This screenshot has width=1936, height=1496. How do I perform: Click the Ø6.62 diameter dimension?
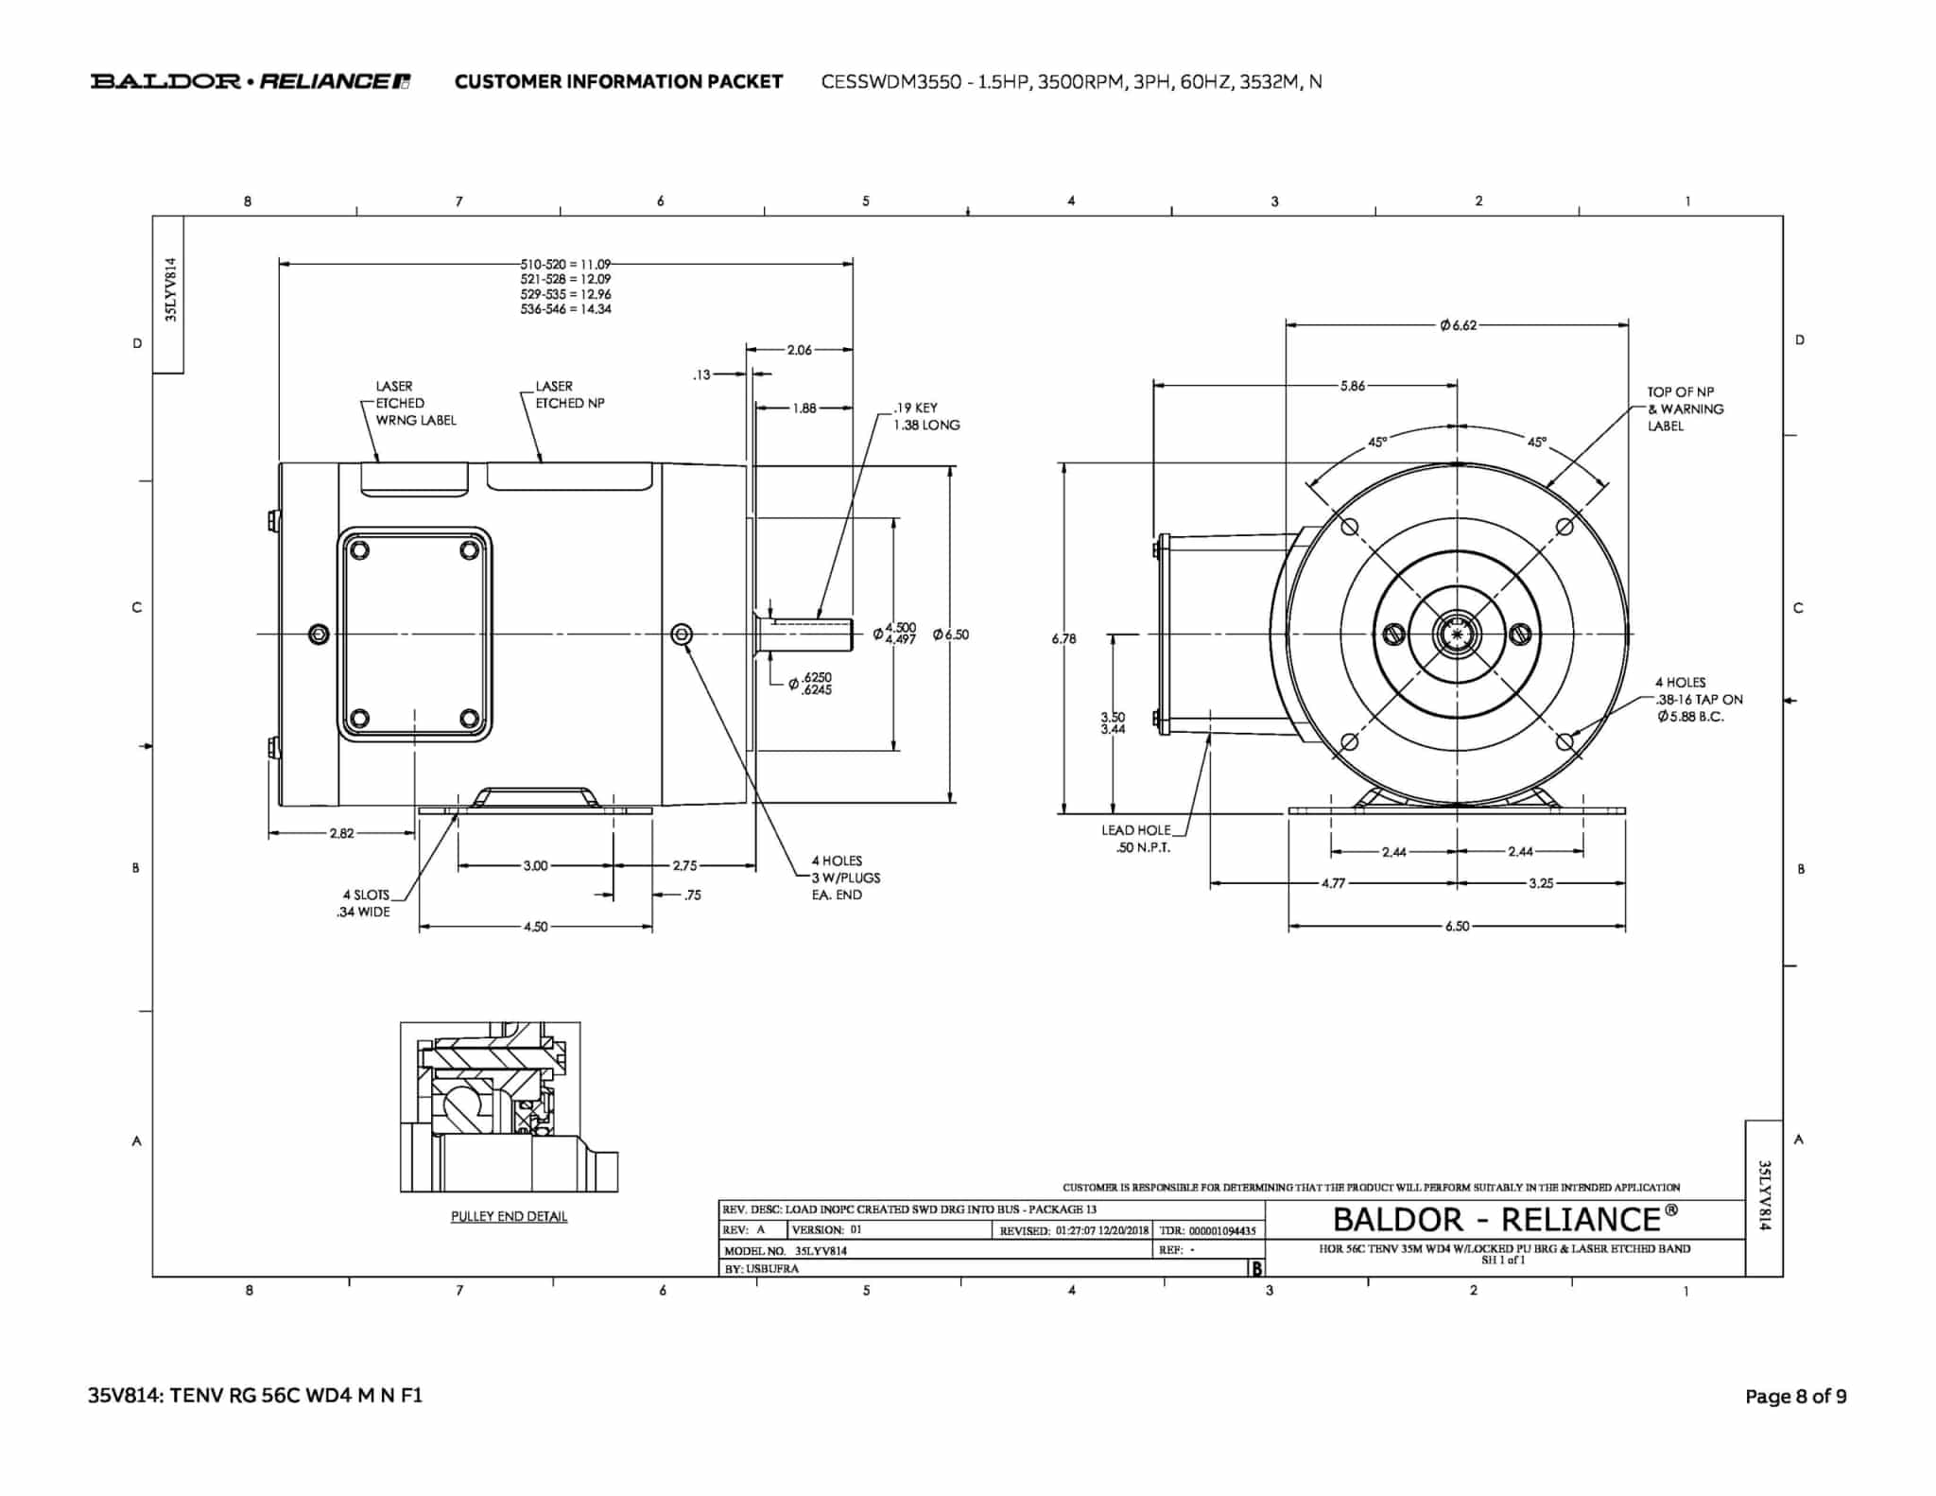click(1458, 325)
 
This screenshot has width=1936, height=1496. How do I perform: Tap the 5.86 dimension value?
click(1353, 386)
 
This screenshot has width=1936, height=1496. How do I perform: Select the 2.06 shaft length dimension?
click(800, 350)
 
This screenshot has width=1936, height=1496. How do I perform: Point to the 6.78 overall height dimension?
click(1063, 639)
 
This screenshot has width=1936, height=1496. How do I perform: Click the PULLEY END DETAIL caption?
click(509, 1216)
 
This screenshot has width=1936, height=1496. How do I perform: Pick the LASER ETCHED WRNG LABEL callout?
click(416, 403)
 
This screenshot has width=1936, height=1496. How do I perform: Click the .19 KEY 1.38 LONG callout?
click(926, 416)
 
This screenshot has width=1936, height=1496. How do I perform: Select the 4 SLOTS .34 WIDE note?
click(364, 903)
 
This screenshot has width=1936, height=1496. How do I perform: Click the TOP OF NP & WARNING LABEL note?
click(1685, 409)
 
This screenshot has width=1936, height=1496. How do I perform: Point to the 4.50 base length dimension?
click(535, 927)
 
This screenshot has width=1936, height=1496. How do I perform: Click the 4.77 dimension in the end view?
click(1333, 883)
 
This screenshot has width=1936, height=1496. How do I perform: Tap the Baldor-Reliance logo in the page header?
click(251, 81)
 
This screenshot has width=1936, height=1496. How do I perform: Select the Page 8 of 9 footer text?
click(1795, 1397)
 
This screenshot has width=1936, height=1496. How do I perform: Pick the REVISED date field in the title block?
click(1074, 1230)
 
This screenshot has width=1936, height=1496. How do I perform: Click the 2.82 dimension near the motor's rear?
click(341, 833)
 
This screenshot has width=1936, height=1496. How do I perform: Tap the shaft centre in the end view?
click(1457, 634)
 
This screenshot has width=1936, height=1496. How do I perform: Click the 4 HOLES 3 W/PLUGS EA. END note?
click(846, 878)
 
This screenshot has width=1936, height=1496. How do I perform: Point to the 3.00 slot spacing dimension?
click(535, 865)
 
